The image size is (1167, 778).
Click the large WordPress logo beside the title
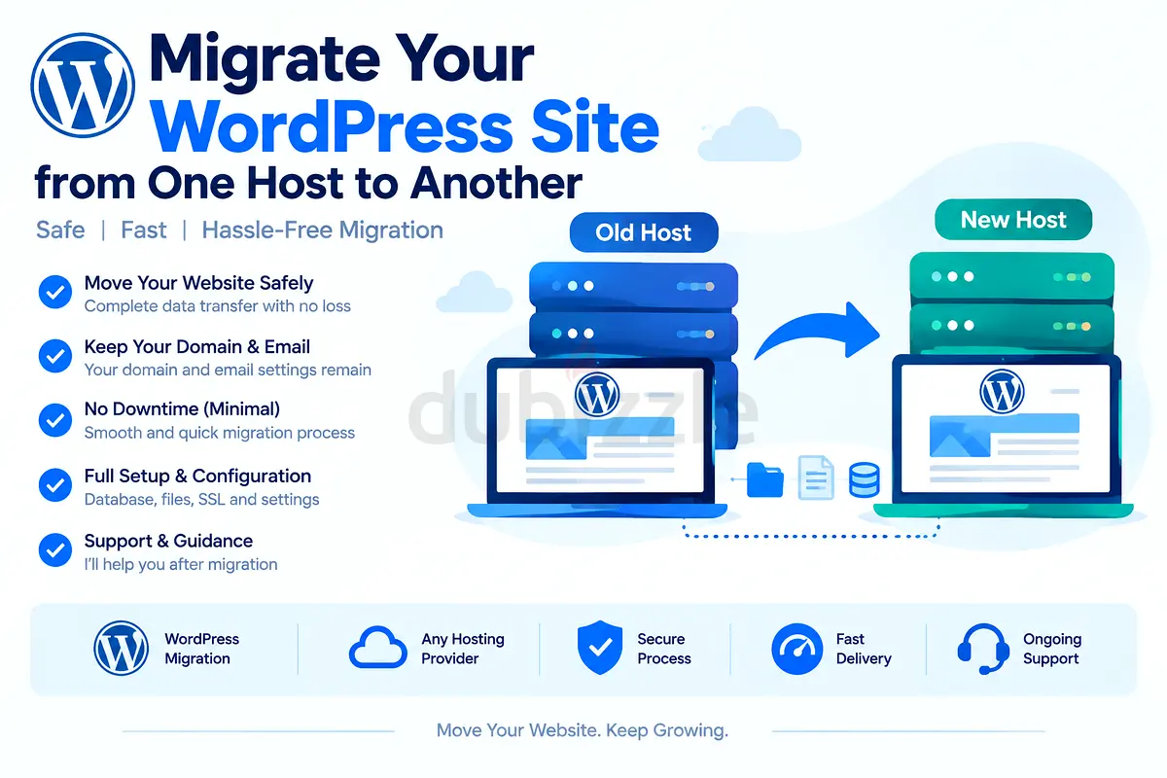click(83, 85)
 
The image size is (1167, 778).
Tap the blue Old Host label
click(644, 232)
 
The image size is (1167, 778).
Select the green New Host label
click(1013, 220)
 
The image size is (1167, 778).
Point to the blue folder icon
click(764, 479)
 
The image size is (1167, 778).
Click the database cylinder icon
click(865, 479)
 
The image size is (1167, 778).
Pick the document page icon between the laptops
click(816, 477)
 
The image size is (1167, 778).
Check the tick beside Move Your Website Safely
click(55, 292)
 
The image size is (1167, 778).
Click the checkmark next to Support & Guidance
click(55, 549)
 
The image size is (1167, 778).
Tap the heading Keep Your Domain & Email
click(196, 346)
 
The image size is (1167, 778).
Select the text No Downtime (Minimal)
click(182, 409)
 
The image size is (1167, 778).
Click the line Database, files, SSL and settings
click(201, 499)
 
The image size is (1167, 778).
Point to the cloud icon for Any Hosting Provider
click(377, 648)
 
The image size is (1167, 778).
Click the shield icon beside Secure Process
click(600, 648)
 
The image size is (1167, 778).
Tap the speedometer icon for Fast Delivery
click(796, 649)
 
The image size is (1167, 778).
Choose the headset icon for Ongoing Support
click(983, 649)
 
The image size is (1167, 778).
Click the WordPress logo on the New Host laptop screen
click(1002, 392)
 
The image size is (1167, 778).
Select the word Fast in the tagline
click(144, 230)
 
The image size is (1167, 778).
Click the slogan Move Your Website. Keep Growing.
click(582, 730)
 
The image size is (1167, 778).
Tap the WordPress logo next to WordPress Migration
click(121, 648)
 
